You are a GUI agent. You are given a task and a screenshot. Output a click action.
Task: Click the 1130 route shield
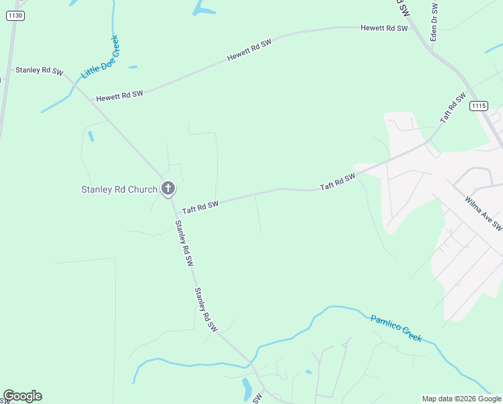(x=15, y=15)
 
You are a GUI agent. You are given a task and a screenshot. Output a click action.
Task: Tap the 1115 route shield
(x=478, y=105)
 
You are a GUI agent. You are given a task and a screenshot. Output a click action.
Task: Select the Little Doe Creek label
(x=100, y=56)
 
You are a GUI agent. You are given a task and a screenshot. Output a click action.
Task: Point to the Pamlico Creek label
(x=396, y=328)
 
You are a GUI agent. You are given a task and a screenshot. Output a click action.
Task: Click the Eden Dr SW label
(x=434, y=22)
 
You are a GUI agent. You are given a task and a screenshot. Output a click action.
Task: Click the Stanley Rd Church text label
(x=119, y=189)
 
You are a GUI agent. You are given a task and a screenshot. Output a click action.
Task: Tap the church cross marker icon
(x=168, y=189)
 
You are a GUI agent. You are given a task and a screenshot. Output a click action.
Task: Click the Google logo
(x=22, y=396)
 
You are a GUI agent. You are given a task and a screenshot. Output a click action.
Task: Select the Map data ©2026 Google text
(x=461, y=399)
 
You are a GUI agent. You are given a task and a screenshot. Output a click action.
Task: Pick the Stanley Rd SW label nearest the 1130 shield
(x=39, y=70)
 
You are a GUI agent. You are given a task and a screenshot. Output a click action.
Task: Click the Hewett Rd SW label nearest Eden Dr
(x=384, y=28)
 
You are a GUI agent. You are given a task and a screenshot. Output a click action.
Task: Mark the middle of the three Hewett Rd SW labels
(x=249, y=50)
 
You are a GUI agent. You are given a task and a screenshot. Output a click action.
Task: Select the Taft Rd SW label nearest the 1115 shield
(x=453, y=107)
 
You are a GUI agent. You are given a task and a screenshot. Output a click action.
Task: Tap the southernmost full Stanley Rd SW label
(x=206, y=309)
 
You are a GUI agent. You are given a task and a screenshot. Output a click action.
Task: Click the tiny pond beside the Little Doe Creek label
(x=132, y=67)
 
